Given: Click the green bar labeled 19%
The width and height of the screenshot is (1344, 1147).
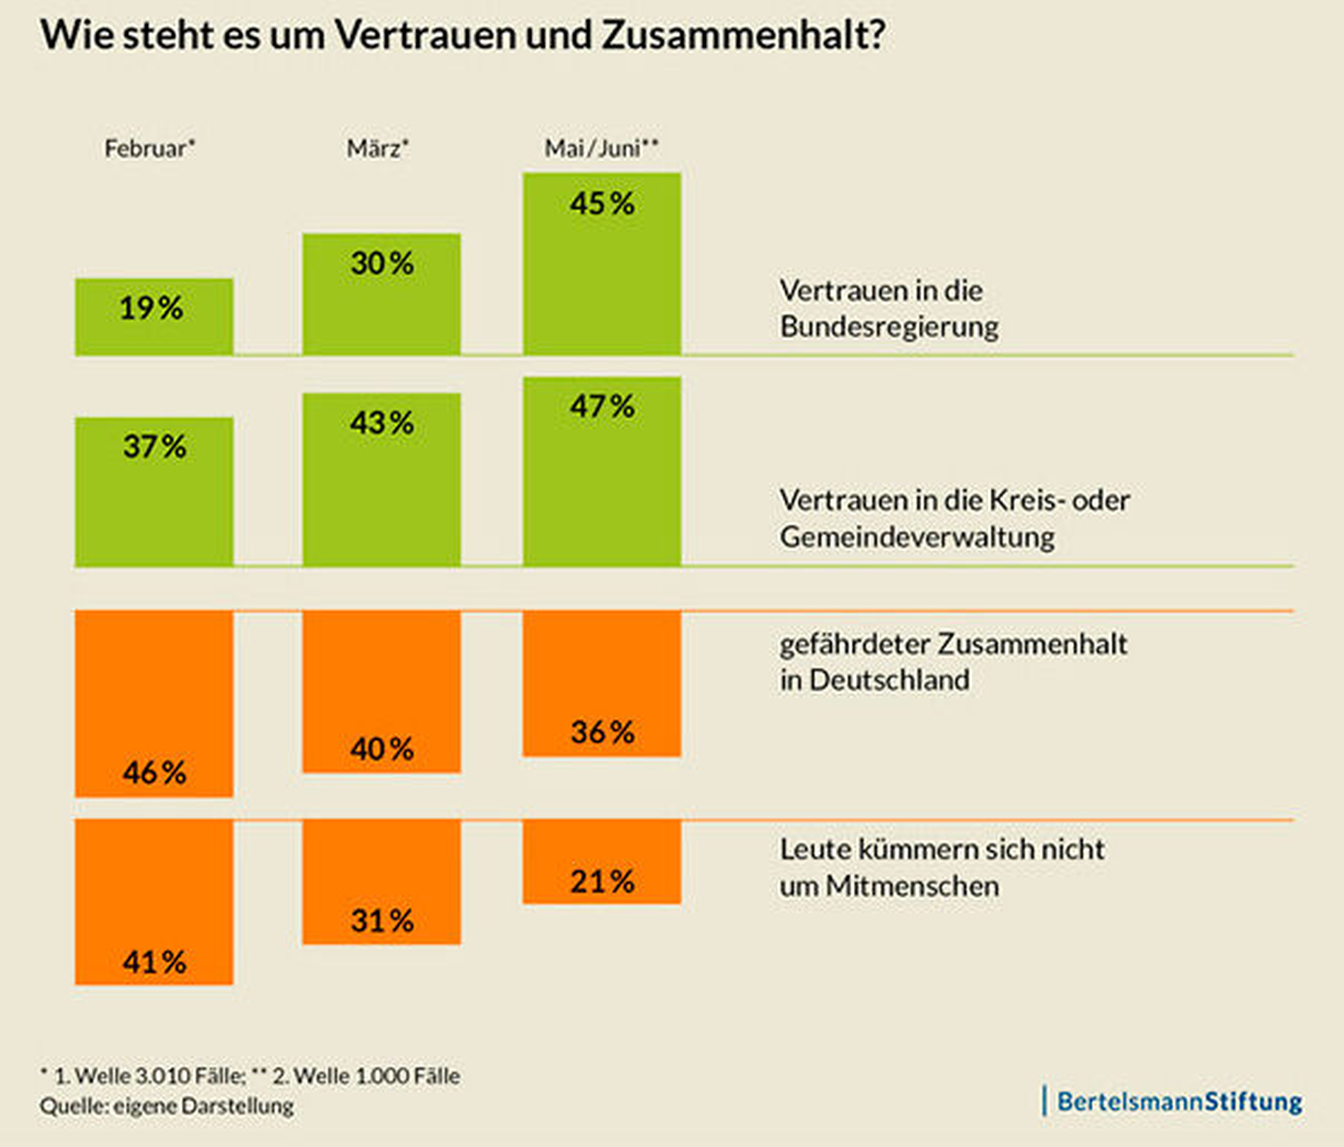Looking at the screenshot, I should [x=154, y=316].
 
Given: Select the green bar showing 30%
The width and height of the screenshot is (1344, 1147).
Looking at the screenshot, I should [x=381, y=294].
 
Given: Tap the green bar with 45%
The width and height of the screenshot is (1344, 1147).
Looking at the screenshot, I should [x=602, y=263].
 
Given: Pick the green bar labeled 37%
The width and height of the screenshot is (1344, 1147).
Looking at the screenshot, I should [x=154, y=491].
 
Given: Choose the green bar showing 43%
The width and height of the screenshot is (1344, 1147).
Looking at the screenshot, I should [x=381, y=479].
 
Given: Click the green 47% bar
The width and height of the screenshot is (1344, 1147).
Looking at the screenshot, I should [x=602, y=471].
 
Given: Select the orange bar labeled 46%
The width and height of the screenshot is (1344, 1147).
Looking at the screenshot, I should [x=154, y=703].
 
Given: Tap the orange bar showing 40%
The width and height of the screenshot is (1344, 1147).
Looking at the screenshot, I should [x=381, y=691].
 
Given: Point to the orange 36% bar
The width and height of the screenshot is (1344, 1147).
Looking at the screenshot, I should [x=602, y=684].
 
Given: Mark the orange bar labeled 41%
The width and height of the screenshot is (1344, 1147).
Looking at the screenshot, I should [x=154, y=901].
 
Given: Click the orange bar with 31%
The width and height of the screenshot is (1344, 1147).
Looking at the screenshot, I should [x=381, y=882].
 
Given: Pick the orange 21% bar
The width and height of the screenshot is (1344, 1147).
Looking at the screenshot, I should [x=602, y=861].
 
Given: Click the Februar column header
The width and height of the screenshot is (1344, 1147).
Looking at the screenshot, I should [x=149, y=149].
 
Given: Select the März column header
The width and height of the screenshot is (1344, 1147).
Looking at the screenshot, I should [x=378, y=149].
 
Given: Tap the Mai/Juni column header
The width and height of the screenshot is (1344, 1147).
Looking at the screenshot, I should [x=601, y=149].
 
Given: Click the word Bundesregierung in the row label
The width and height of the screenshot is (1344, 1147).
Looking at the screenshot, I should [x=889, y=327].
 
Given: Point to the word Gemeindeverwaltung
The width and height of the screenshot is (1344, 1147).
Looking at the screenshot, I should [x=917, y=537].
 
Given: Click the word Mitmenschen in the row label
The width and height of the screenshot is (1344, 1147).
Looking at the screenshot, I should [x=912, y=886].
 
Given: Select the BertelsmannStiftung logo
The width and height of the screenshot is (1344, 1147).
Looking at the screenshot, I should [x=1174, y=1101].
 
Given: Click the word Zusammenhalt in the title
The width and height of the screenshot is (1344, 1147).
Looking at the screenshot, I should [x=743, y=35].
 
